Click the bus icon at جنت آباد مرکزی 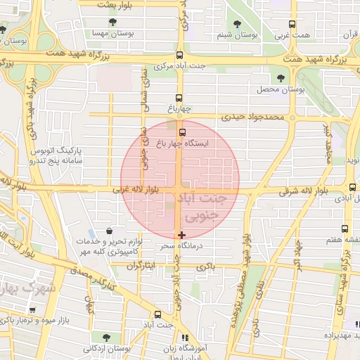coord(180,55)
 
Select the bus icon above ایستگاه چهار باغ coord(183,131)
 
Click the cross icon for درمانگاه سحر coord(182,235)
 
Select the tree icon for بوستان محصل coord(281,78)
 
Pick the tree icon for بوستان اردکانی coord(105,337)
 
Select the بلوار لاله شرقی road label coord(302,191)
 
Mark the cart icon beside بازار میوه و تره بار coord(32,309)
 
